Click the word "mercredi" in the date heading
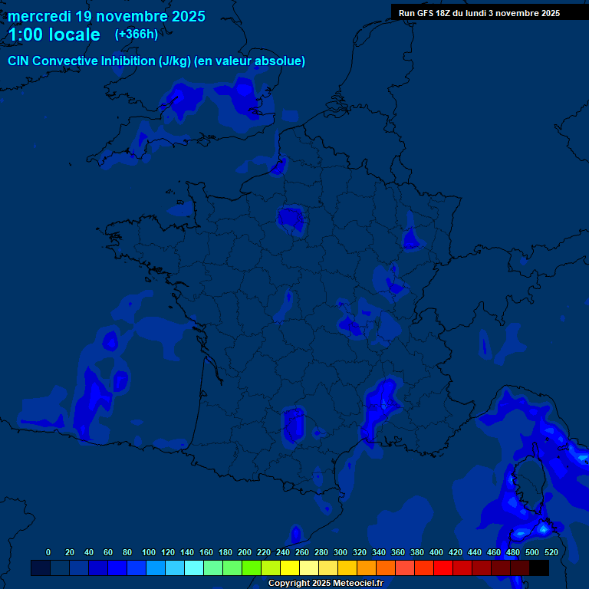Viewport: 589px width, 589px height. click(39, 16)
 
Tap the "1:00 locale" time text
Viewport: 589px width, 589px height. click(54, 35)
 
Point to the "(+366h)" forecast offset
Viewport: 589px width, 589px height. click(137, 34)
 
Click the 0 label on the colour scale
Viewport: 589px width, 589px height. click(48, 552)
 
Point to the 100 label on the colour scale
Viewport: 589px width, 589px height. click(149, 552)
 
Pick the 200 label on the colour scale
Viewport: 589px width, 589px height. click(245, 552)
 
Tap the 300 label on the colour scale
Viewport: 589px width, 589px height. click(341, 552)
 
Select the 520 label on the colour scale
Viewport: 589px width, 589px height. click(551, 552)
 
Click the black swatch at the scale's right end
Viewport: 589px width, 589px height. click(539, 568)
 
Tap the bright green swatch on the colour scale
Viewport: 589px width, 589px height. click(252, 568)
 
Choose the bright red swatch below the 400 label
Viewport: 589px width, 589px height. click(443, 568)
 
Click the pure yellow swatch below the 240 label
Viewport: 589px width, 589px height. click(290, 568)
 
